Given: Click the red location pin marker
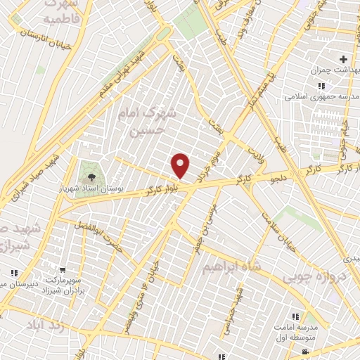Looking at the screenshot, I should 181,166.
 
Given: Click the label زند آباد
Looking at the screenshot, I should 46,326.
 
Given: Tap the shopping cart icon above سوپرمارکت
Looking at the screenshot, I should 63,269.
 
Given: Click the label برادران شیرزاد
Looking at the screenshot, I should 67,288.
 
